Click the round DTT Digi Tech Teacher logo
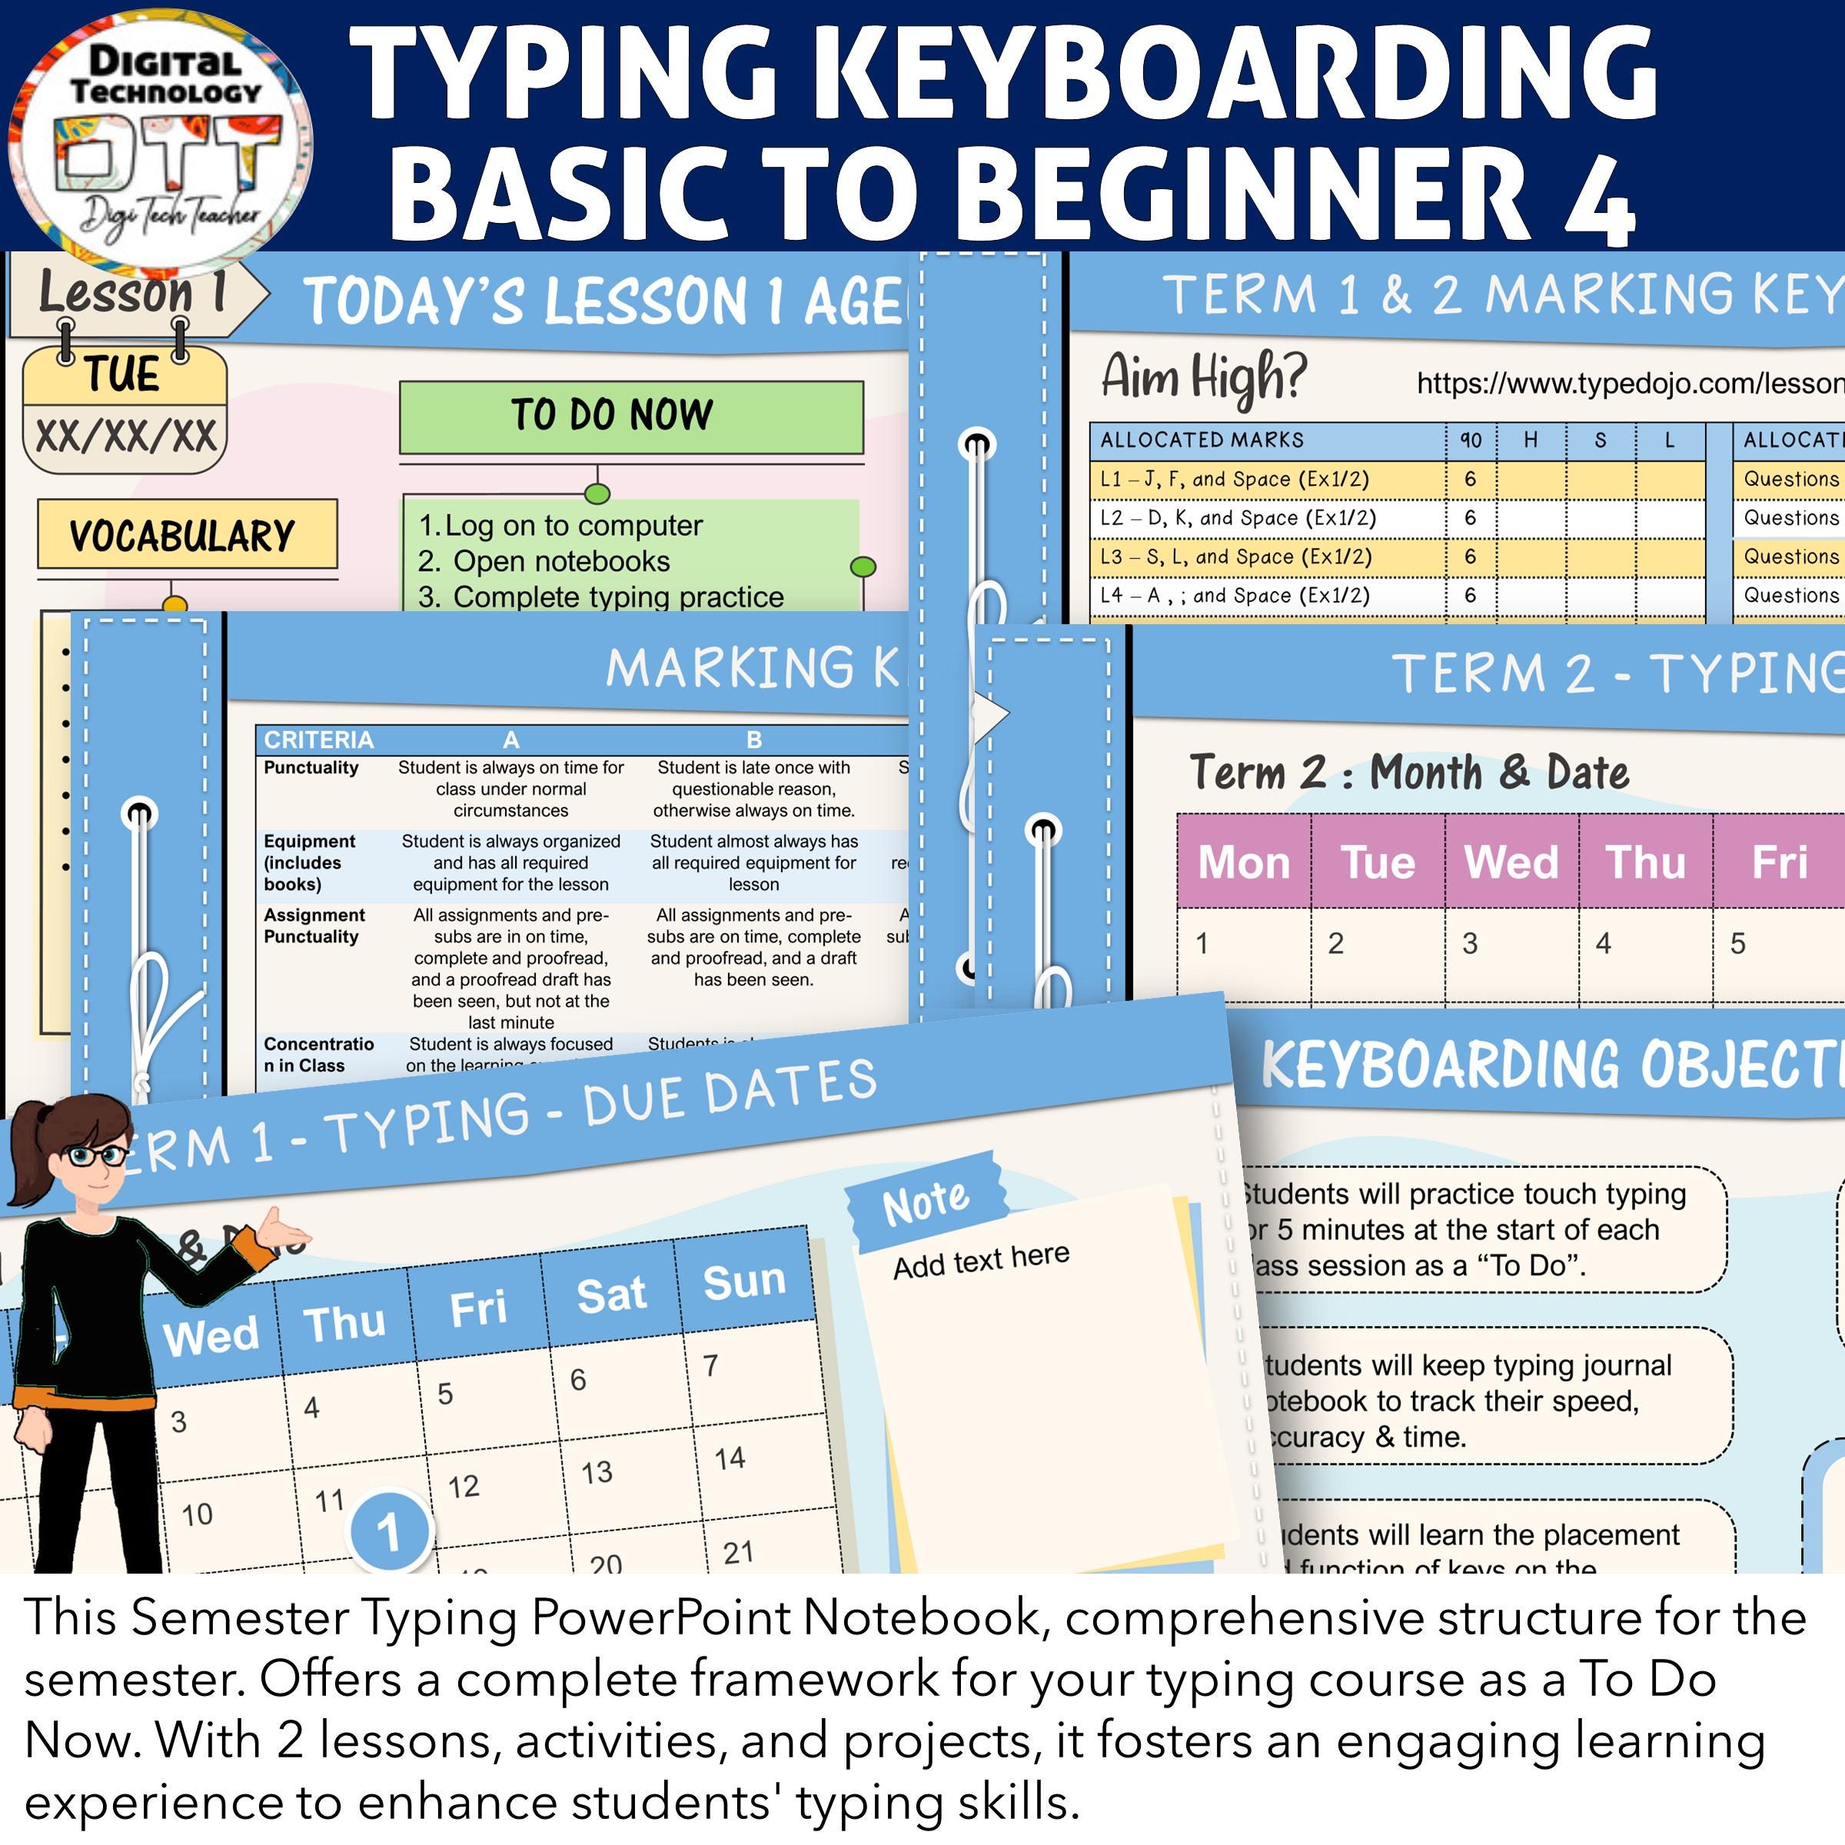(x=158, y=141)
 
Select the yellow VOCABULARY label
(x=187, y=535)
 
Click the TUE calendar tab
(x=124, y=374)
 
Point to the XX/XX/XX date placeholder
(x=125, y=437)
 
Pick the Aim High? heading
(x=1203, y=376)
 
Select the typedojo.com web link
(x=1629, y=384)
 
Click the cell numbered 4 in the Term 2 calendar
(x=1604, y=943)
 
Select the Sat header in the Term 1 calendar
(x=611, y=1295)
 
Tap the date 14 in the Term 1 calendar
(x=730, y=1458)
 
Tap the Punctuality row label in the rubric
(x=311, y=768)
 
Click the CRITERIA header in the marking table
(x=319, y=740)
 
